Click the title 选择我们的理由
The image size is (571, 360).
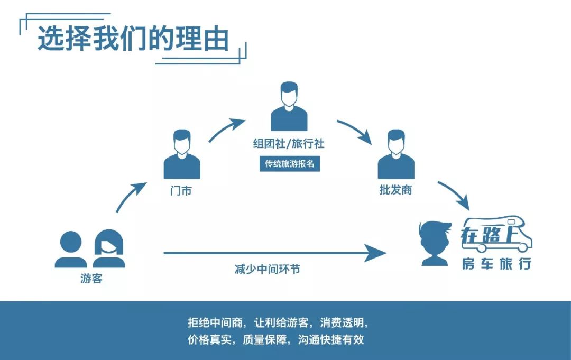[x=133, y=38]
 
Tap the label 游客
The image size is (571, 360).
[x=91, y=279]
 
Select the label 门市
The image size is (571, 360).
[x=181, y=191]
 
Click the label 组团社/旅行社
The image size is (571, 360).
[x=289, y=143]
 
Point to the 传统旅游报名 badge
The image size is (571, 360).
[x=290, y=164]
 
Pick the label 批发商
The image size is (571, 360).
[x=396, y=190]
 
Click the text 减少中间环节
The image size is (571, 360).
[x=268, y=270]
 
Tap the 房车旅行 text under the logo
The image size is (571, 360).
[x=496, y=264]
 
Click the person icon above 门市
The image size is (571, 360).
[x=182, y=154]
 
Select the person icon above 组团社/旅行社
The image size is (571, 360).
[x=289, y=106]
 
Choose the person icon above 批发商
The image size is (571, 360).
[x=396, y=154]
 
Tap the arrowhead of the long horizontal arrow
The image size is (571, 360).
[x=376, y=253]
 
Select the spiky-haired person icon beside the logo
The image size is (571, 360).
[x=435, y=243]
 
